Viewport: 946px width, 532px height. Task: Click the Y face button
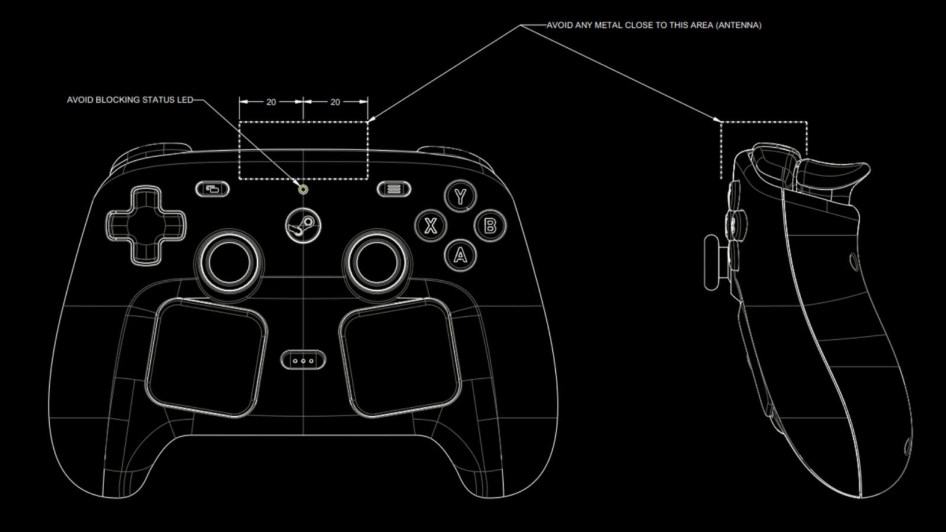click(461, 196)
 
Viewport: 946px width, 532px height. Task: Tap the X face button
click(431, 226)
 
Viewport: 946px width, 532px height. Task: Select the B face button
click(490, 226)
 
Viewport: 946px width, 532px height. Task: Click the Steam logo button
click(303, 226)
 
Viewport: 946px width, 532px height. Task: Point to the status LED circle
click(303, 189)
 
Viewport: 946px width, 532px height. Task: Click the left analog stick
click(229, 262)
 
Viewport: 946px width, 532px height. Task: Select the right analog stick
click(377, 262)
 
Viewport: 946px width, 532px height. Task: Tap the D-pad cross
click(145, 226)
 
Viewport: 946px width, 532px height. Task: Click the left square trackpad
click(207, 357)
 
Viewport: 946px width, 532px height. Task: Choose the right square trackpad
click(400, 357)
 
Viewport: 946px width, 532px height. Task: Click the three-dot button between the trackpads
click(303, 360)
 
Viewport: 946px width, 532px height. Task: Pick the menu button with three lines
click(394, 189)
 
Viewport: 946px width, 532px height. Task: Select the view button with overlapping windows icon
click(212, 189)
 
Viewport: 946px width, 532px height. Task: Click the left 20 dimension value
click(271, 102)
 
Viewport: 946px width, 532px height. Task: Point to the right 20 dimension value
click(335, 102)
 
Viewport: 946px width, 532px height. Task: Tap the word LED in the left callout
click(186, 100)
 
